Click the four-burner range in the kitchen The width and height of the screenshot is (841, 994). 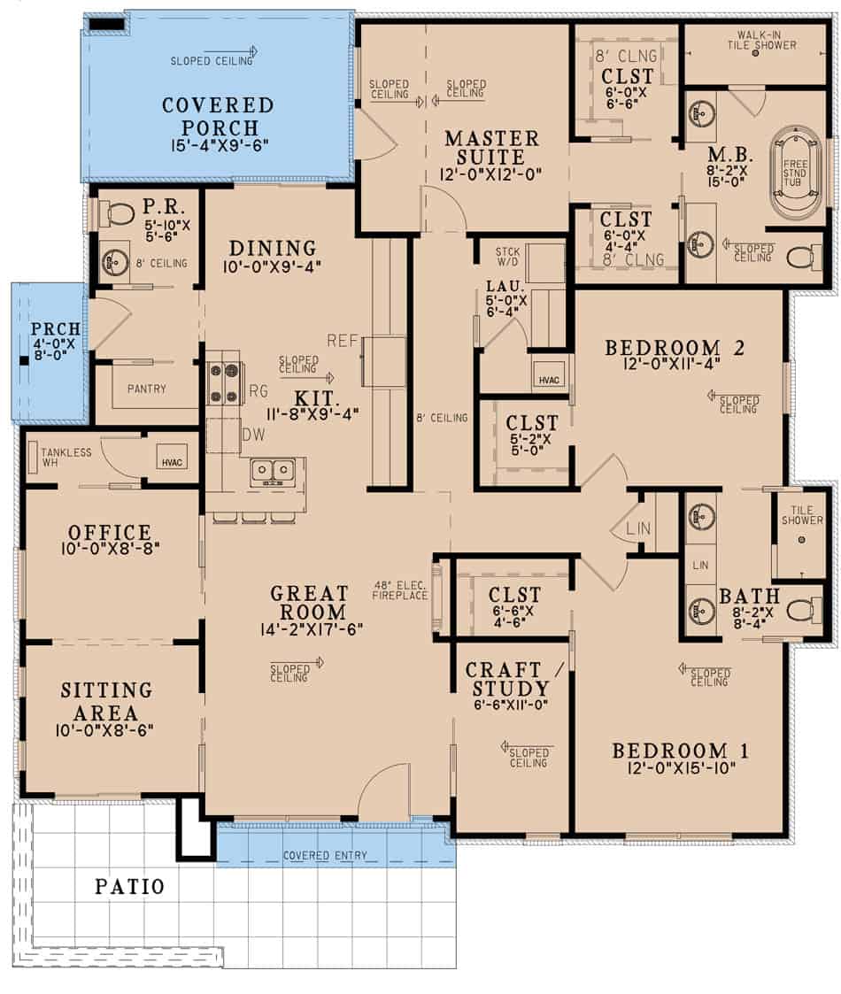click(x=225, y=382)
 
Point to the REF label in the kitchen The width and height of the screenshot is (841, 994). click(x=341, y=341)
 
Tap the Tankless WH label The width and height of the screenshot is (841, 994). click(x=66, y=458)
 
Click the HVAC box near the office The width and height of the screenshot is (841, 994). click(x=172, y=459)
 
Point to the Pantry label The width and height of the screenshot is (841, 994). click(x=146, y=389)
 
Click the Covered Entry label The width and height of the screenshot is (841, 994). click(x=325, y=856)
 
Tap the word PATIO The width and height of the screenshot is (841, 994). click(x=129, y=886)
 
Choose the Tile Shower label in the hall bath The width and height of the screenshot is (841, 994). click(x=801, y=515)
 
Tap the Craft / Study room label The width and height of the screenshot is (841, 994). click(x=507, y=680)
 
